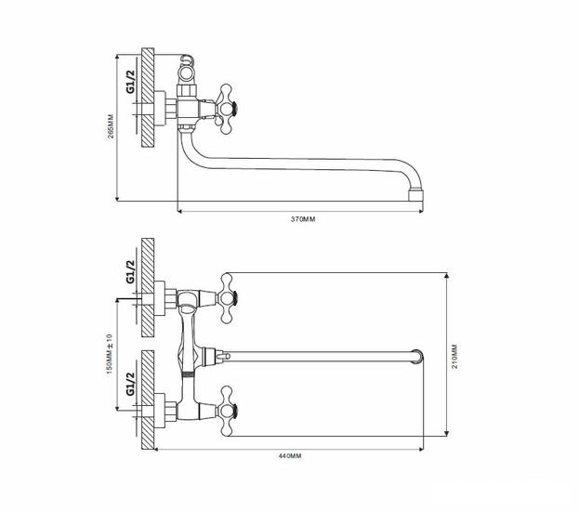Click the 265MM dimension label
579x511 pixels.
111,126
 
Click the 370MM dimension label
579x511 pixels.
303,219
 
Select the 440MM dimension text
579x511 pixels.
290,455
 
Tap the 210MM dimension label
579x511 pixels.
454,356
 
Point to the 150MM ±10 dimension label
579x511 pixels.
110,354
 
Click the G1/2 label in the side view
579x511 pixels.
131,81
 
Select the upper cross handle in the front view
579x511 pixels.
227,298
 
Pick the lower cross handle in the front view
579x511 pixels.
227,412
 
